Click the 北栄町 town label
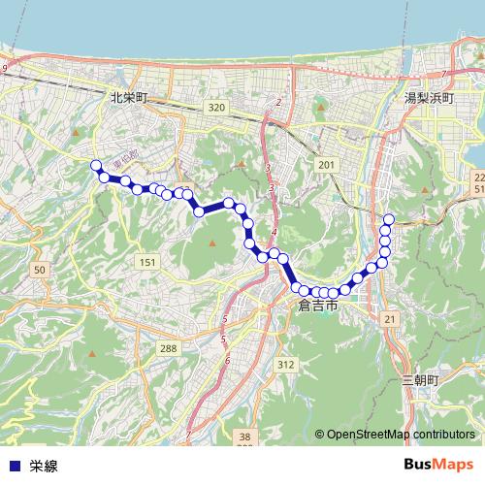click(x=128, y=97)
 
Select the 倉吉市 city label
click(x=318, y=305)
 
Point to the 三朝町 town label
click(x=420, y=381)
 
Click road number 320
click(x=215, y=108)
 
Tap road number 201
click(x=326, y=166)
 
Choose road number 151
click(x=146, y=263)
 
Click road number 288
click(x=169, y=347)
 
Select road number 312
click(x=284, y=364)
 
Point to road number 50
click(x=39, y=269)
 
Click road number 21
click(x=390, y=319)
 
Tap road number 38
click(x=244, y=437)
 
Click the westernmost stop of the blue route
click(x=96, y=165)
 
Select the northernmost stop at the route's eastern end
click(x=389, y=219)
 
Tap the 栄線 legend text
click(x=44, y=466)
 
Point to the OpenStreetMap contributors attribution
click(x=401, y=435)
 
